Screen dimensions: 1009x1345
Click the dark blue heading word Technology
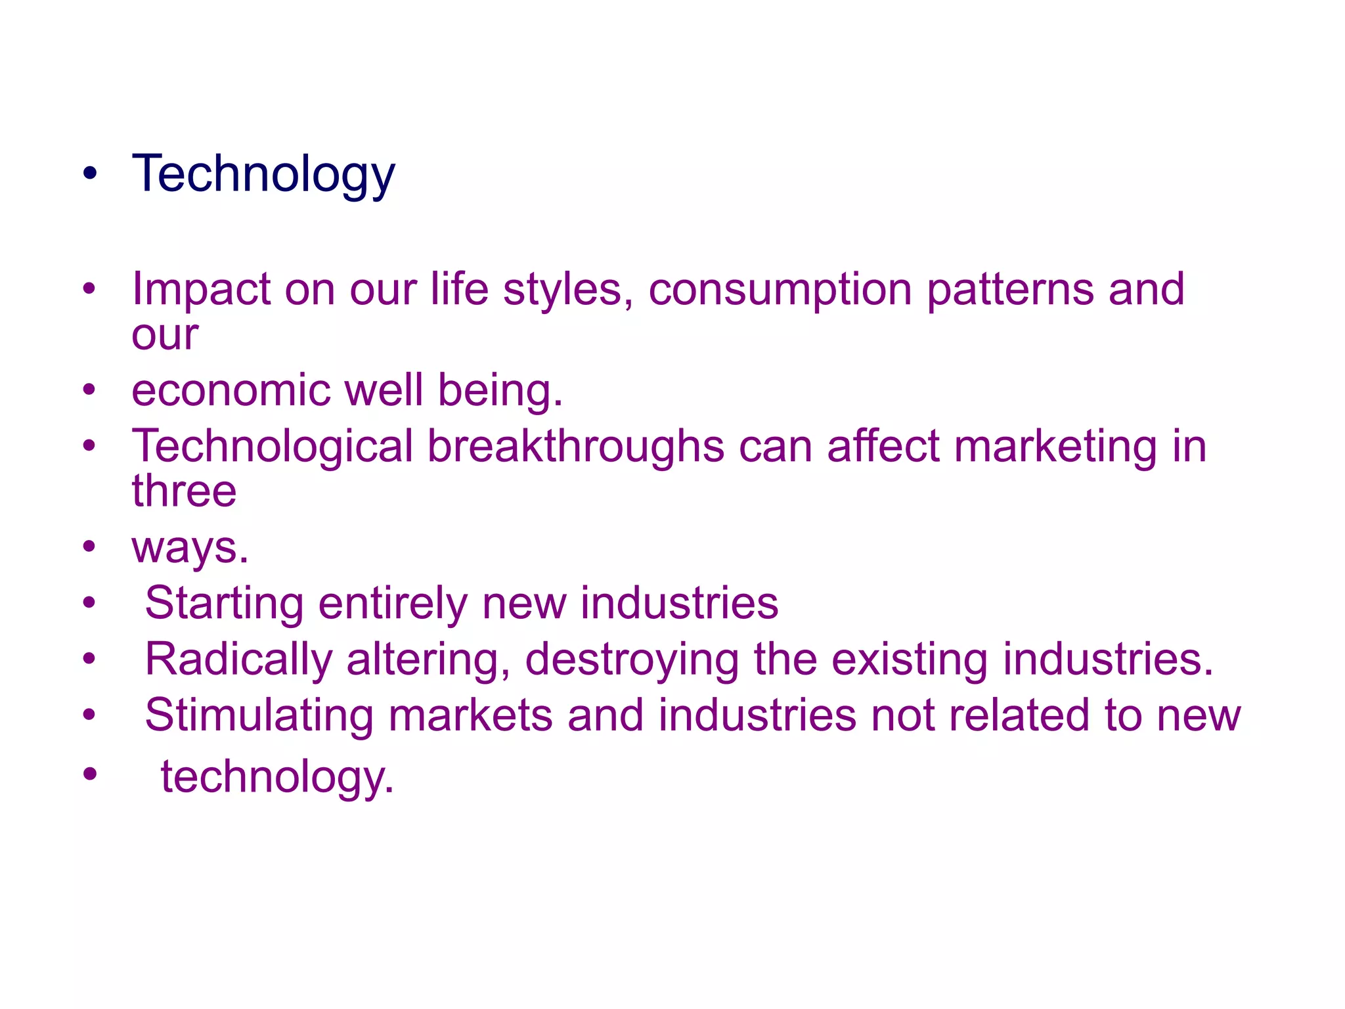[x=263, y=174]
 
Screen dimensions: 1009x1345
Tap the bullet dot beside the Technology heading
[x=90, y=174]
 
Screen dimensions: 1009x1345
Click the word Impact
[x=201, y=289]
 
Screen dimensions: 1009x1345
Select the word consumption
[x=780, y=290]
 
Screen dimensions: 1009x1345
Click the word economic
[x=231, y=390]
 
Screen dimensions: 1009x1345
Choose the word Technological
[x=272, y=447]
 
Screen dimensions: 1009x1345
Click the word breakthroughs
[x=576, y=446]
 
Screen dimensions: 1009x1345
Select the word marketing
[x=1055, y=447]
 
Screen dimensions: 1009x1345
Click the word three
[x=184, y=491]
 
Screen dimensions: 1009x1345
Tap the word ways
[x=190, y=548]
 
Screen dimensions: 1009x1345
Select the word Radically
[x=238, y=660]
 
